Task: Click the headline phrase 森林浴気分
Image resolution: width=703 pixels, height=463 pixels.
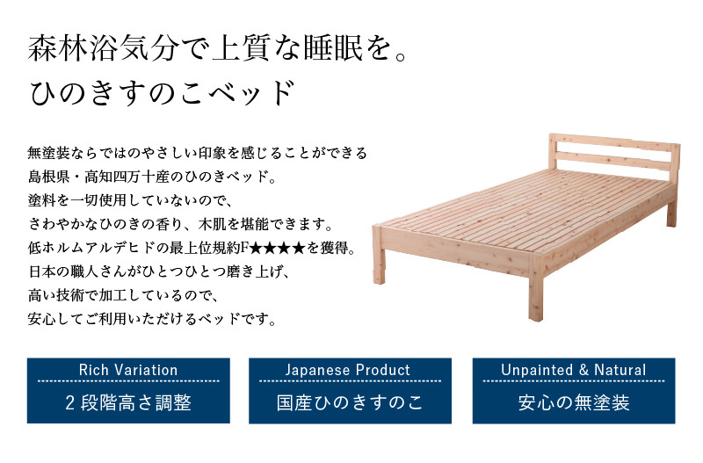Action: click(x=104, y=48)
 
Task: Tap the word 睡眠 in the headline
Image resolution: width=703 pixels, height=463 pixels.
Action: click(x=333, y=48)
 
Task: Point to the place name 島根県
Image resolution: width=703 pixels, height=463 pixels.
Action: click(x=48, y=177)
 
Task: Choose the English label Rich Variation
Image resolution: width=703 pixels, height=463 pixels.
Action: click(x=128, y=370)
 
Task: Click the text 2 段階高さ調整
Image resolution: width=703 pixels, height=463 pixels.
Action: click(x=128, y=402)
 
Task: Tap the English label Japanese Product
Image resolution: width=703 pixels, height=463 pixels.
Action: click(x=348, y=370)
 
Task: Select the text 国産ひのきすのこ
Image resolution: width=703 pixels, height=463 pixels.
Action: click(x=350, y=402)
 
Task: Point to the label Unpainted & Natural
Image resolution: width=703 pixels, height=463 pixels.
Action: click(x=574, y=370)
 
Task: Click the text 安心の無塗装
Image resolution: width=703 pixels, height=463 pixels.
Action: click(x=574, y=402)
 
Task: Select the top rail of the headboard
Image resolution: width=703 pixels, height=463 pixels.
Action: click(x=615, y=143)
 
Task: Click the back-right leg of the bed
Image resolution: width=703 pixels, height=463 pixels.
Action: click(x=671, y=212)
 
